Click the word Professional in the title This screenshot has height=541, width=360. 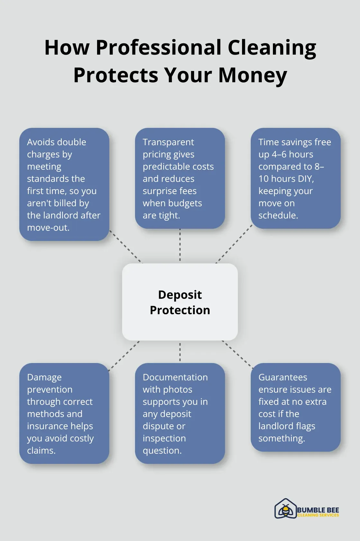point(159,48)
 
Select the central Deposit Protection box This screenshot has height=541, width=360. point(180,302)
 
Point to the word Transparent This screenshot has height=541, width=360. point(168,142)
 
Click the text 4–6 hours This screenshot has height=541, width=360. point(292,154)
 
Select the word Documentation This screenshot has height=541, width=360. point(175,377)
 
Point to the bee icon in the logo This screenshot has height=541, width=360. point(285,509)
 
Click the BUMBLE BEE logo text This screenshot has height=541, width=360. point(318,510)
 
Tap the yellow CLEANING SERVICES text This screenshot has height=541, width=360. point(318,515)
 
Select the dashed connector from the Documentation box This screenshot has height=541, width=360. point(180,352)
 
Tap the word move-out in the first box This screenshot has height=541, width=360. point(48,227)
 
